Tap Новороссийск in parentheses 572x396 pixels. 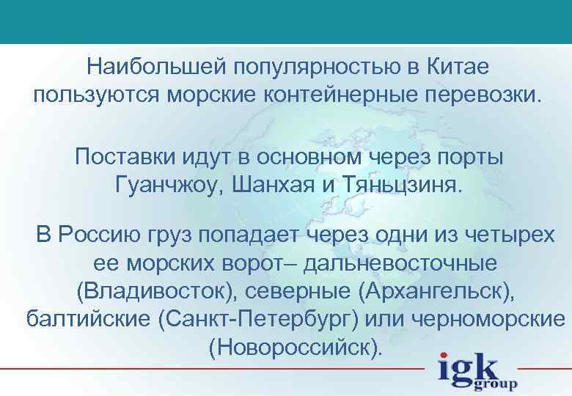pos(295,346)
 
